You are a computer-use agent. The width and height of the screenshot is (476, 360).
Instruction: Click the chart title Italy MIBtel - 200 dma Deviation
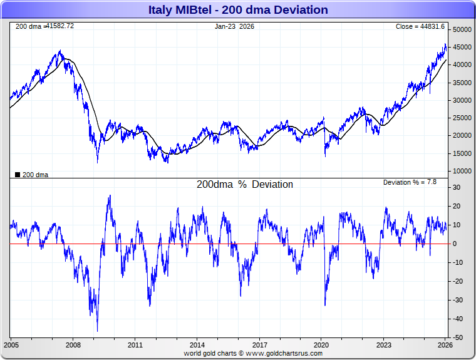point(238,10)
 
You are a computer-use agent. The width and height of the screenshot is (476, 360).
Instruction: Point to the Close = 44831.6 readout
point(420,26)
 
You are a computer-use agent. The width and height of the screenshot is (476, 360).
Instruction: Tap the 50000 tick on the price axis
point(462,30)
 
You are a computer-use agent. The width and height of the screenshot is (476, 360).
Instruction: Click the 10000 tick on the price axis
point(462,171)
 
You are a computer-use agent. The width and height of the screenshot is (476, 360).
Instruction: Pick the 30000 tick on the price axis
point(462,100)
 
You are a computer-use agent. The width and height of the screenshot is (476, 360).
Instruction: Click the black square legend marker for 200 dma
point(18,175)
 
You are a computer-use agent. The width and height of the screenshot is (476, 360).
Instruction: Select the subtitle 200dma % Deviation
point(244,185)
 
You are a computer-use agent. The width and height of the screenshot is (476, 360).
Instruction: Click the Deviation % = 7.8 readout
point(410,182)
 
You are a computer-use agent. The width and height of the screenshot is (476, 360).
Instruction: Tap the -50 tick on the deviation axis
point(458,337)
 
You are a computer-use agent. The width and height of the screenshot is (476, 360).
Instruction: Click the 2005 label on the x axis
point(11,345)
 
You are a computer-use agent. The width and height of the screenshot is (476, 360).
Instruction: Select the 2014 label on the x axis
point(197,345)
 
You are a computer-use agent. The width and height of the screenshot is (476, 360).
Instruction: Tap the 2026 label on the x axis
point(445,345)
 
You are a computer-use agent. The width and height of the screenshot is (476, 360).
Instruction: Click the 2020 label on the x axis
point(321,345)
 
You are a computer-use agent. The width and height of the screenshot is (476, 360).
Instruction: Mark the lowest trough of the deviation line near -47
point(97,331)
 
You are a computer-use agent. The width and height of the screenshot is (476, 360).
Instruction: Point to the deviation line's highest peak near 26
point(110,195)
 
